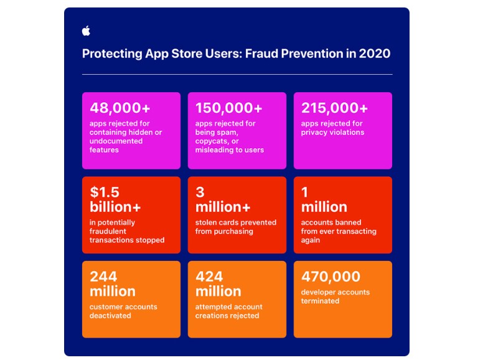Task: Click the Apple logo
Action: (x=87, y=31)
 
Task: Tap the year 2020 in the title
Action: (x=375, y=54)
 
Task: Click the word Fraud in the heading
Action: (x=261, y=54)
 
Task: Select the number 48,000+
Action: (x=120, y=108)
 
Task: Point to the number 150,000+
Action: (x=228, y=108)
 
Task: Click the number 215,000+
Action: (x=334, y=108)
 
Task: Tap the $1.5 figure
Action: (x=105, y=192)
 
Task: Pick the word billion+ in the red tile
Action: (x=115, y=207)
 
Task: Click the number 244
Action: (x=103, y=277)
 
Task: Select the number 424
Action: (x=209, y=277)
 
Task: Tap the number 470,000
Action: (x=331, y=277)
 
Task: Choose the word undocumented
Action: (x=116, y=141)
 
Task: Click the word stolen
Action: (x=205, y=222)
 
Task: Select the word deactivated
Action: (x=110, y=316)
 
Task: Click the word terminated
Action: (x=320, y=301)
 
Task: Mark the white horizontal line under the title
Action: (x=237, y=74)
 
